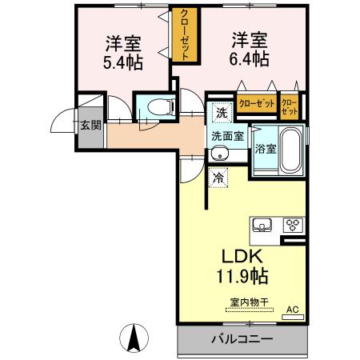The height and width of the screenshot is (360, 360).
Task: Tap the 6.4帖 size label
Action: pos(250,59)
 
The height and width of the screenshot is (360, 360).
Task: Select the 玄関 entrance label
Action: pos(89,124)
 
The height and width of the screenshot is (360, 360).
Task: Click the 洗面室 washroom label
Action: pos(227,135)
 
